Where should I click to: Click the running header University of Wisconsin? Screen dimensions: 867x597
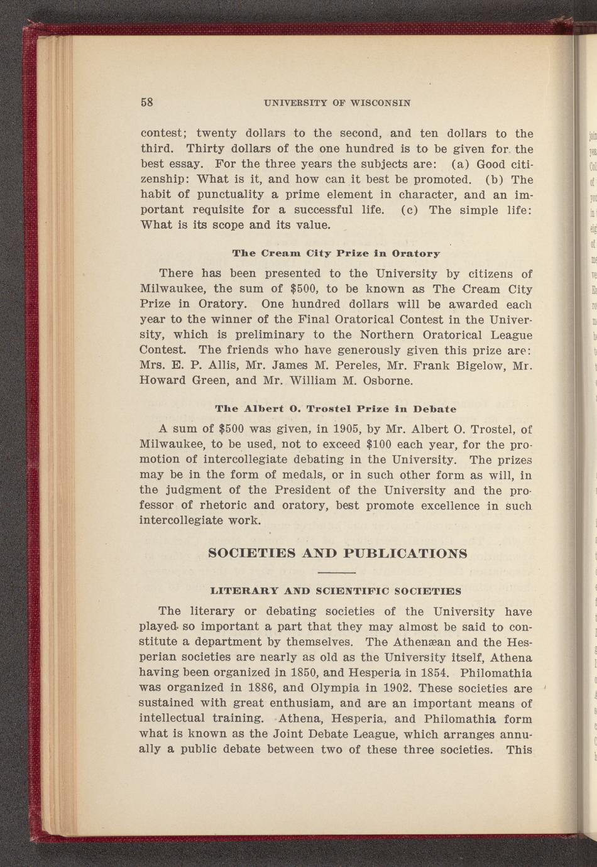click(x=337, y=102)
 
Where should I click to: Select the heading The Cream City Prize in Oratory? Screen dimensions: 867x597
click(x=336, y=253)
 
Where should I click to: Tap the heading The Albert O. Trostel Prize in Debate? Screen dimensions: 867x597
click(x=336, y=408)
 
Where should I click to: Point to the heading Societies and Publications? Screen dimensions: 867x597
click(x=337, y=553)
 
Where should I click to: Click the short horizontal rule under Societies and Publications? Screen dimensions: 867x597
click(x=337, y=573)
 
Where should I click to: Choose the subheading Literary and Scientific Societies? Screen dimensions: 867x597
click(x=336, y=591)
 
